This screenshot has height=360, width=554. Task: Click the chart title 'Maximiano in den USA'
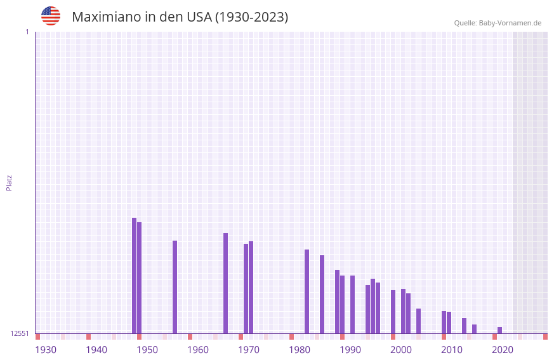coord(180,17)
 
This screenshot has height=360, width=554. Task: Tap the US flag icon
coord(51,16)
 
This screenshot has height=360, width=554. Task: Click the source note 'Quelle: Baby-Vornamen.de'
coord(498,23)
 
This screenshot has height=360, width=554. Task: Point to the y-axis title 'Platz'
coord(9,182)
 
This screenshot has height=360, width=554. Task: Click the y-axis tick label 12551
coord(20,333)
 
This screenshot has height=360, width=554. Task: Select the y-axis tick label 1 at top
coord(27,32)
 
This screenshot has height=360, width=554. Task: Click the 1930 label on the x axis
coord(46,349)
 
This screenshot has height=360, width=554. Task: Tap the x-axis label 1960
coord(198,349)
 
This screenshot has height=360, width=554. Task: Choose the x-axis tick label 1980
coord(300,349)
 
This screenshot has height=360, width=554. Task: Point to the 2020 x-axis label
coord(503,349)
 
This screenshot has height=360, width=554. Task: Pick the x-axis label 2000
coord(401,349)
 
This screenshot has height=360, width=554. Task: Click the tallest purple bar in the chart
coord(134,276)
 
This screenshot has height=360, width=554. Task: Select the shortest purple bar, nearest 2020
coord(499,330)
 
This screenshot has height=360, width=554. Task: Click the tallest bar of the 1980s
coord(307,291)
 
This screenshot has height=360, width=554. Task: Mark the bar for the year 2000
coord(393,312)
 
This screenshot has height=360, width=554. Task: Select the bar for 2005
coord(418,321)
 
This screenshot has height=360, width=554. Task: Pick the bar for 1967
coord(225,283)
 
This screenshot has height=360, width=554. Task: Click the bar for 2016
coord(474,329)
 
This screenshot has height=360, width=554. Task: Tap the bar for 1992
coord(352,304)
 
